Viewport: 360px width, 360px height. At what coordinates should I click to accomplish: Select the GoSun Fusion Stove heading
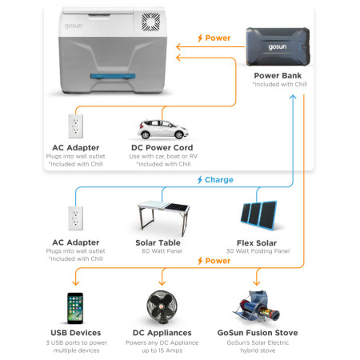pos(258,332)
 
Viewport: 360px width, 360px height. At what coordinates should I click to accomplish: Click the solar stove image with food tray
pos(258,308)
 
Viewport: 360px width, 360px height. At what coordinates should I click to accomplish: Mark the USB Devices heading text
pos(76,332)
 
